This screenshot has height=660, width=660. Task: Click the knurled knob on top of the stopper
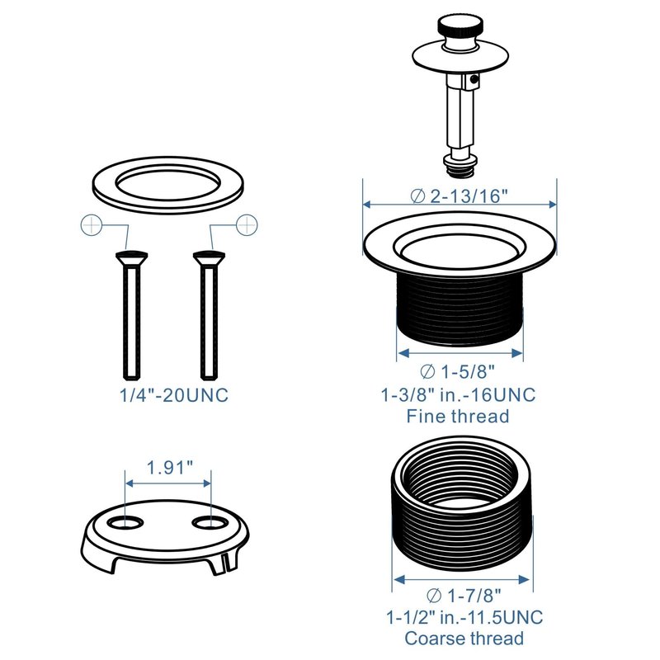[x=457, y=26]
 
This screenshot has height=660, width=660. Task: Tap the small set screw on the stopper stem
[x=474, y=78]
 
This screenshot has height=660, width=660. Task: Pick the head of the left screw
[x=131, y=257]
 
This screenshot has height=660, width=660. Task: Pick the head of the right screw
[x=209, y=257]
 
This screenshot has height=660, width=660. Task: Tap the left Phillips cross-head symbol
[x=92, y=225]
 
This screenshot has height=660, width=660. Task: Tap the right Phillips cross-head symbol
[x=247, y=224]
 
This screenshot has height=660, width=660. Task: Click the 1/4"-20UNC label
[x=174, y=395]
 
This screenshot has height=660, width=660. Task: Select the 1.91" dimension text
[x=170, y=467]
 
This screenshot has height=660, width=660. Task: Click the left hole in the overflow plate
[x=125, y=522]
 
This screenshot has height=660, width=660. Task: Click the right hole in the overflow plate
[x=210, y=522]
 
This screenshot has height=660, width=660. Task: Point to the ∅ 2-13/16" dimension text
[x=460, y=196]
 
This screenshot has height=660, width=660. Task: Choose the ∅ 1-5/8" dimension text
[x=458, y=372]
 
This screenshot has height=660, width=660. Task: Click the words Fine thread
[x=458, y=417]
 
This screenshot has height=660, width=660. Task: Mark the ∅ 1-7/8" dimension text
[x=464, y=596]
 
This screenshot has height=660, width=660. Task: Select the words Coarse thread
[x=464, y=639]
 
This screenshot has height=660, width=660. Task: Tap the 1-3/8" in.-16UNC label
[x=458, y=395]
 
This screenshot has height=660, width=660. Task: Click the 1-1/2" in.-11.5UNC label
[x=464, y=617]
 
